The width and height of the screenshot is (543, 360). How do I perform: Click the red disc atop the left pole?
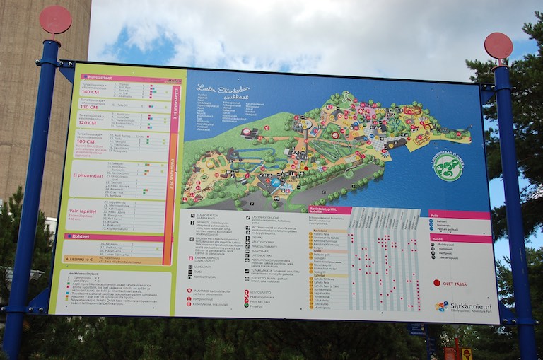[55, 19]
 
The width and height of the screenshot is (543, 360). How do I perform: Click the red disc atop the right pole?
[498, 45]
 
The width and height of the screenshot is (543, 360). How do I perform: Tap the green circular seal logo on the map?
[448, 168]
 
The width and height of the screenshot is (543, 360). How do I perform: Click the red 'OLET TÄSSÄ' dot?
[436, 283]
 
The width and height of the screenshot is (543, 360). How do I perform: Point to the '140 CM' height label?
[90, 92]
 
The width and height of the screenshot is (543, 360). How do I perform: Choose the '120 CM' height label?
[87, 122]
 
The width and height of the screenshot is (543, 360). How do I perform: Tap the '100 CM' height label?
[86, 141]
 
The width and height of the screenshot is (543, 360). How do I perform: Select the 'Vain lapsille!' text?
[83, 211]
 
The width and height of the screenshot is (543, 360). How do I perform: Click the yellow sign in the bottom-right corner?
[467, 353]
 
